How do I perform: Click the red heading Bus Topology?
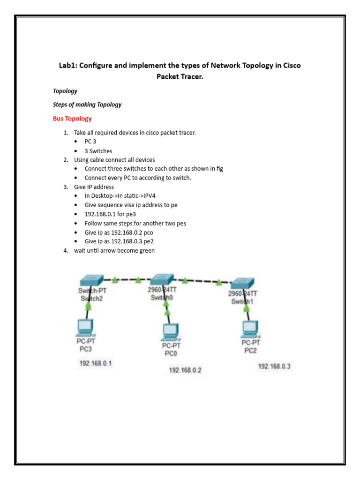(x=72, y=119)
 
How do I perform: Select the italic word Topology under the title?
(x=65, y=91)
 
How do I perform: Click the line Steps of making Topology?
(x=87, y=105)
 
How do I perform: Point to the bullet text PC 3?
(x=90, y=142)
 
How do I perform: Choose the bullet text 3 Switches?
(x=98, y=151)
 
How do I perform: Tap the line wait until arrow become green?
(x=114, y=250)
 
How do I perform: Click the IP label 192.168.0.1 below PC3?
(x=96, y=363)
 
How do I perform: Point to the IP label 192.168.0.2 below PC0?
(x=185, y=370)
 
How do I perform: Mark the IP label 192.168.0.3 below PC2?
(x=274, y=366)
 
